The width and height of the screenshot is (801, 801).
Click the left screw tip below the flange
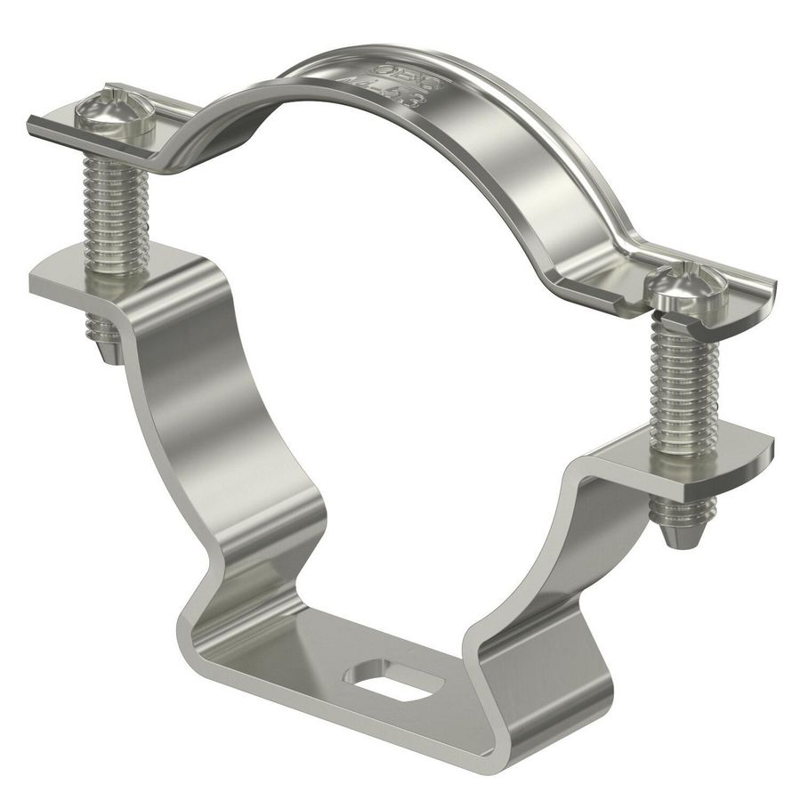pyautogui.click(x=105, y=344)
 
